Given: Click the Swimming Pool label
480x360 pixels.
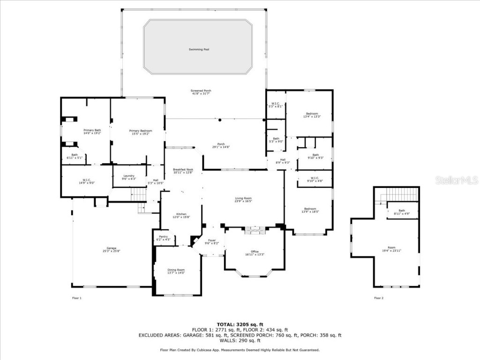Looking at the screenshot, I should (199, 49).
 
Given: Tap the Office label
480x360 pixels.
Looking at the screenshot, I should (255, 253).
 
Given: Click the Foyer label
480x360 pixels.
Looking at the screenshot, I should (212, 241).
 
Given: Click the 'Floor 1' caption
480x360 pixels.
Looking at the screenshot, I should (76, 298).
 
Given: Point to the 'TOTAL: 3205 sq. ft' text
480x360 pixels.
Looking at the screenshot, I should (240, 324).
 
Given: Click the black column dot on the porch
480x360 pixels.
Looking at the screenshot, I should (219, 120).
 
